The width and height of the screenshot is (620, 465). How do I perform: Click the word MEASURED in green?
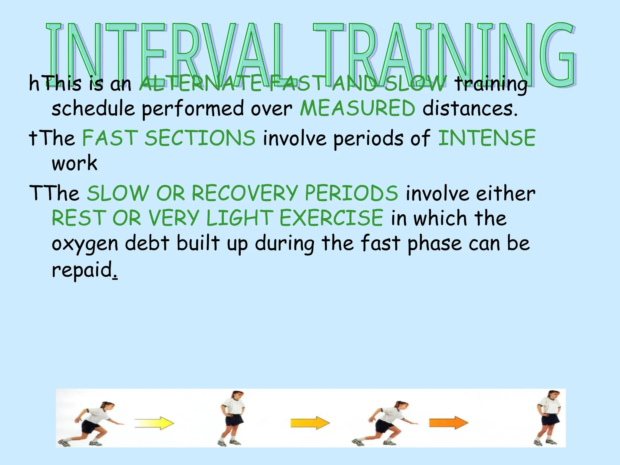tap(357, 108)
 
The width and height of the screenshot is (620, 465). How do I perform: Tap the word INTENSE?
tap(487, 138)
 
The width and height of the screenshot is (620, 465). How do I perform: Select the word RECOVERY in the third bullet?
tap(245, 193)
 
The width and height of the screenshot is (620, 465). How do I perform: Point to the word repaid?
tap(82, 269)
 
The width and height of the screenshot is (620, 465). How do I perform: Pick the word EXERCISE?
tap(331, 218)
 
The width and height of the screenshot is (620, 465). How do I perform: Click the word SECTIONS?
tap(200, 138)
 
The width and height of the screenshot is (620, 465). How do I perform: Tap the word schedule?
tap(93, 108)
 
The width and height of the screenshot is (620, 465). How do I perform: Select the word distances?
tap(470, 108)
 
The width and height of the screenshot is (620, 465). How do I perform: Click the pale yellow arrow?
tap(154, 423)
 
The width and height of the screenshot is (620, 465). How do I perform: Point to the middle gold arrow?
tap(310, 423)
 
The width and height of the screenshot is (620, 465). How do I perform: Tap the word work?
tap(74, 163)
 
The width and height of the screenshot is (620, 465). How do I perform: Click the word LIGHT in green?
tap(239, 218)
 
